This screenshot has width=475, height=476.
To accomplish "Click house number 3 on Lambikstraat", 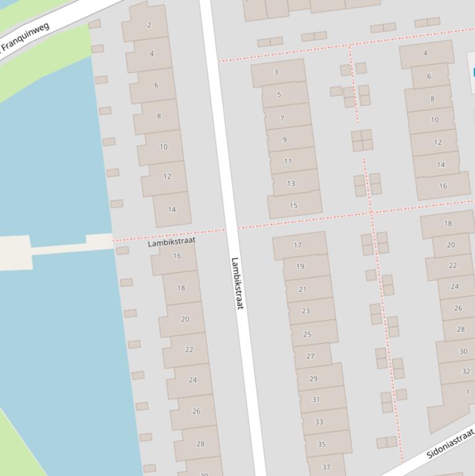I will click(x=276, y=72).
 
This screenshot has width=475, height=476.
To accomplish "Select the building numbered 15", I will click(x=293, y=205).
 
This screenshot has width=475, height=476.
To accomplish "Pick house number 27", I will click(x=310, y=356).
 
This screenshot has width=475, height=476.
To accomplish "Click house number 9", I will click(x=285, y=139).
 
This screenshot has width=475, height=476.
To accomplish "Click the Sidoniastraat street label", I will click(x=450, y=443).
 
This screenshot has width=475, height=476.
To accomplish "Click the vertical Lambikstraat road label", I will click(x=237, y=283).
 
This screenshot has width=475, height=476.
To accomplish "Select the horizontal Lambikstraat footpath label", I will click(x=171, y=242).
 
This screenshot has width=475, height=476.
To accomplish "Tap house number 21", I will click(x=302, y=289).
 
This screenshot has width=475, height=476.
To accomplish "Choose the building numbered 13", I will click(x=291, y=183).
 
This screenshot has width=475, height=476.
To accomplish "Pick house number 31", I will click(x=316, y=399).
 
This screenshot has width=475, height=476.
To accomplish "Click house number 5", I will click(x=279, y=95).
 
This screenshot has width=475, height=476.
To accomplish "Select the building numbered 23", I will click(x=305, y=311).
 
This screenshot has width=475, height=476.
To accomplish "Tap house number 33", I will click(x=319, y=422).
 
